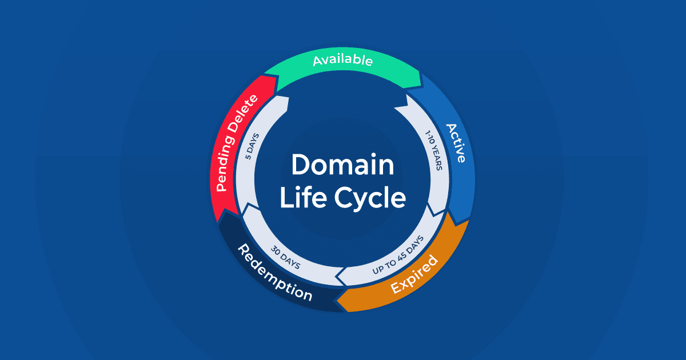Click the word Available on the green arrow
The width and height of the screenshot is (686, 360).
(x=342, y=60)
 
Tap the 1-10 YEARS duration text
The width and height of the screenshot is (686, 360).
(x=433, y=157)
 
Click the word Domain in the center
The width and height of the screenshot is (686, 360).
(x=342, y=165)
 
